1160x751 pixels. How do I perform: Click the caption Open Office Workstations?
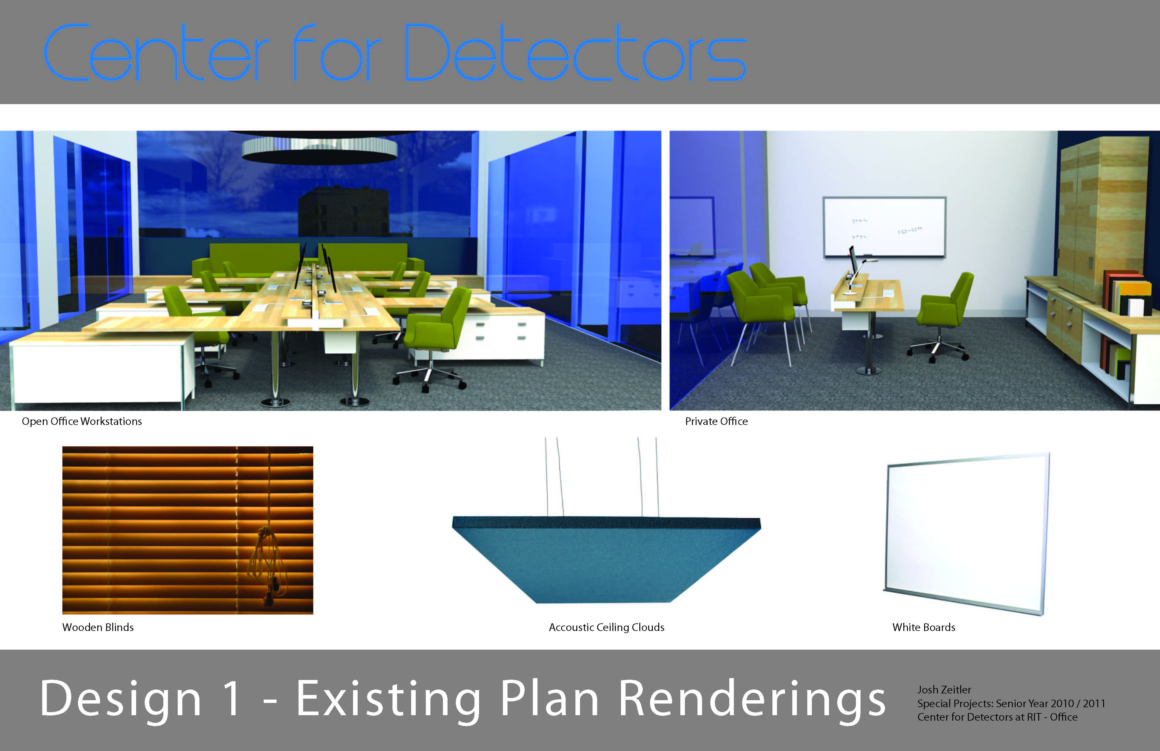82,421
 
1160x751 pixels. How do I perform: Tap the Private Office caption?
716,421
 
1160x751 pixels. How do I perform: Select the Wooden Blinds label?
98,627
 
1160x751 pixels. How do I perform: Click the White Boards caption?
924,627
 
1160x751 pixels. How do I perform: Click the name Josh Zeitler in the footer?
944,689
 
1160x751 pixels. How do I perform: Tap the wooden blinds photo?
188,530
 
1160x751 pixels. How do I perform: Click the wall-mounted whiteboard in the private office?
884,227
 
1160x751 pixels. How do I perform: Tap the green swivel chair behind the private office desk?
941,317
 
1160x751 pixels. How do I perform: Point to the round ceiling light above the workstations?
320,149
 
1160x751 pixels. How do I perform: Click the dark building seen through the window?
344,212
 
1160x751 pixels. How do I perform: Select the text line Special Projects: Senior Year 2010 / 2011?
1011,704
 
